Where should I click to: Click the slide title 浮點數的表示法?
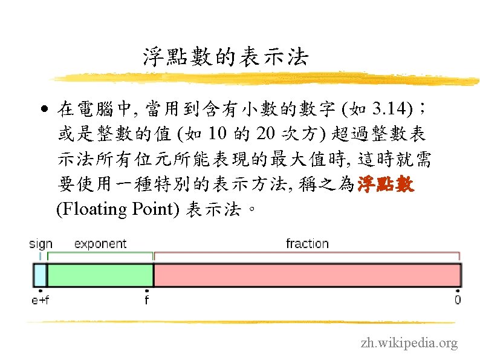point(225,57)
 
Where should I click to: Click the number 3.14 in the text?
point(391,110)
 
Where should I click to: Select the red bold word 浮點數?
point(386,185)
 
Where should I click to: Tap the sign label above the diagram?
point(41,244)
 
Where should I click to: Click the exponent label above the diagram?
point(100,244)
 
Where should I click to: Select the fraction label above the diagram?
point(307,244)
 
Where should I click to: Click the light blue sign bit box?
point(40,275)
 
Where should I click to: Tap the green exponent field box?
point(100,275)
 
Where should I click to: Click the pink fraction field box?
point(307,275)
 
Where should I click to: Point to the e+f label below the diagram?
point(41,299)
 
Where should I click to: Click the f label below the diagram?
point(146,299)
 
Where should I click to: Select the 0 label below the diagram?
point(457,299)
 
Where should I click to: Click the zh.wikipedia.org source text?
point(409,344)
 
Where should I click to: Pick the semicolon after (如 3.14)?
point(423,110)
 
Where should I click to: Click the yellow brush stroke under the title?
point(260,77)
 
